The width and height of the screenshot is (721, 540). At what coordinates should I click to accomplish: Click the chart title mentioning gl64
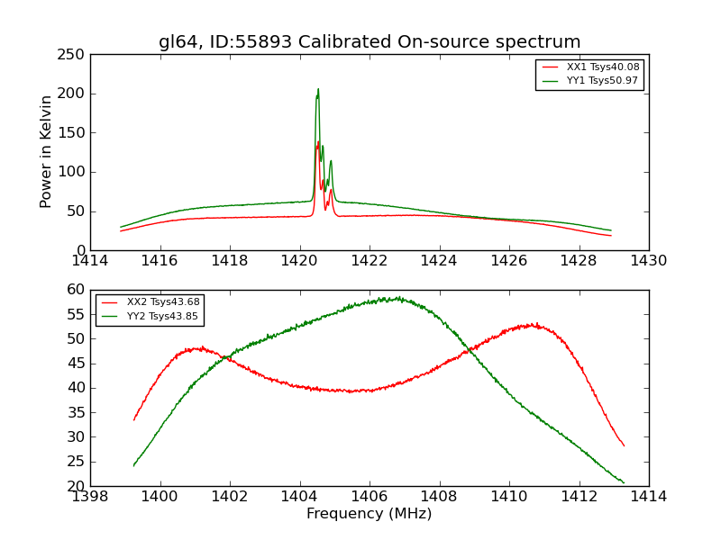[x=370, y=41]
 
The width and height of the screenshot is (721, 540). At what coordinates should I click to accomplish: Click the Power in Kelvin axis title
[x=46, y=151]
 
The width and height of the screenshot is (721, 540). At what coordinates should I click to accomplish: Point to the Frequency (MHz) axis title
[x=370, y=514]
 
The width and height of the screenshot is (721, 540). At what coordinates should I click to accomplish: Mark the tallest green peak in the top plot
[x=318, y=89]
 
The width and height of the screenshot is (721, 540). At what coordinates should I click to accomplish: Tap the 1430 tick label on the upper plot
[x=648, y=261]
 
